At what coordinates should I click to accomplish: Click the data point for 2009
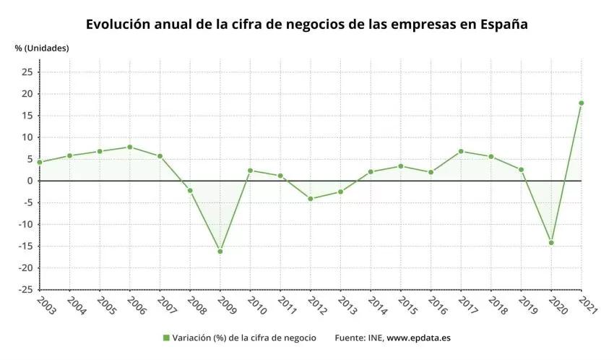pos(220,252)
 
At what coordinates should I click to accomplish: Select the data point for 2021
pos(581,103)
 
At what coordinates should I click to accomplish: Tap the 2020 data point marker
pos(551,243)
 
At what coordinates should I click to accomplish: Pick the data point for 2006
pos(129,147)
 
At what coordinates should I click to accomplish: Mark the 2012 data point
pos(311,199)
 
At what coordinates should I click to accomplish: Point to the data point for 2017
pos(461,151)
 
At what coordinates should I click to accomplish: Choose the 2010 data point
pos(250,171)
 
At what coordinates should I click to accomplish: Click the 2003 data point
pos(40,162)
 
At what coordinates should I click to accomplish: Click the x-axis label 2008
pos(189,307)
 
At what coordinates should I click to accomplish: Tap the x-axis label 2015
pos(400,307)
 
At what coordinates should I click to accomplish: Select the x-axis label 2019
pos(521,307)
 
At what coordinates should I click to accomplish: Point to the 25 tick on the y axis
pos(27,72)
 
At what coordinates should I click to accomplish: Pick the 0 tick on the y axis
pos(30,181)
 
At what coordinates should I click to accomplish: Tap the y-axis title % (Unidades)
pos(42,48)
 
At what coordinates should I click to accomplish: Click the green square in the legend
pos(165,338)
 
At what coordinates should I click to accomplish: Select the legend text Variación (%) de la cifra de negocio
pos(244,338)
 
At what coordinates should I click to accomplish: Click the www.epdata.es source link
pos(419,338)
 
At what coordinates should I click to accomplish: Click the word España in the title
pos(504,24)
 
